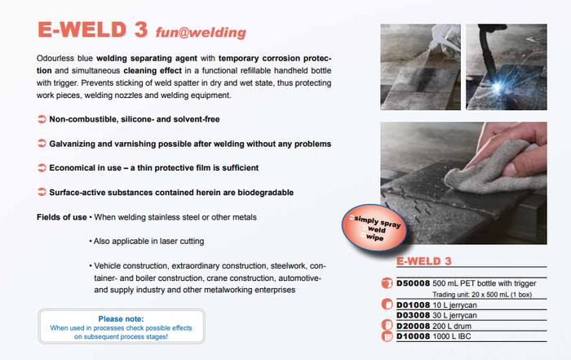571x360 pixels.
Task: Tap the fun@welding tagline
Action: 197,33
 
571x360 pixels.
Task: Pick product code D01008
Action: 415,304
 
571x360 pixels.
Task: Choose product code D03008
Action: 415,314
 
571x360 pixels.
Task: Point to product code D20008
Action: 415,325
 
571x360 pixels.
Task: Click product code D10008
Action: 415,336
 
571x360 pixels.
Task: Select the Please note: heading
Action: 121,319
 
